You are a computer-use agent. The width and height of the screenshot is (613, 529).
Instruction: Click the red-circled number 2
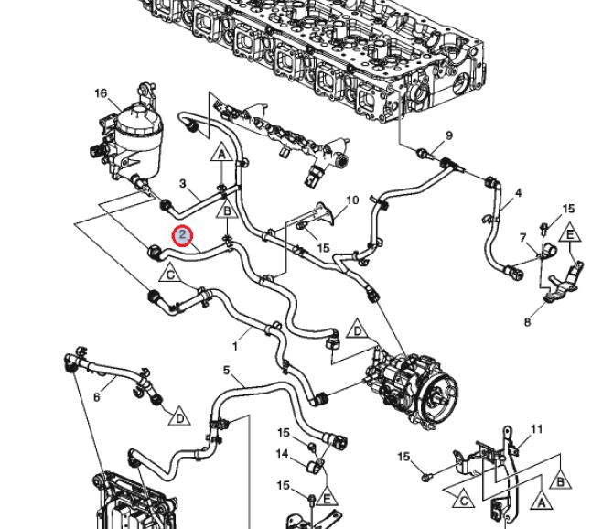click(184, 236)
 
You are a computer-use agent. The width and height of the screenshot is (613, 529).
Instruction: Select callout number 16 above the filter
click(101, 93)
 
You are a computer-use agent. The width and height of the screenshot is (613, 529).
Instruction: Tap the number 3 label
click(183, 184)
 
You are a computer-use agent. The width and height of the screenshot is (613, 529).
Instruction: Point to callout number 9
click(449, 135)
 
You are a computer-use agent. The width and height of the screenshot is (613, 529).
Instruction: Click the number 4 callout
click(518, 193)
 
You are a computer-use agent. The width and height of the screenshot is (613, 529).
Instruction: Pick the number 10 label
click(352, 200)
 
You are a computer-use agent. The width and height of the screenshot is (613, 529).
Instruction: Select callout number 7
click(522, 238)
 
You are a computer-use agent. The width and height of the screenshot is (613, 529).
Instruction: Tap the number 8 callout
click(527, 322)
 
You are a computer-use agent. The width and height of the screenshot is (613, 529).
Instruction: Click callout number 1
click(235, 346)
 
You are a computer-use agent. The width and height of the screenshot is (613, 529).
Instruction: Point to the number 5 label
click(226, 370)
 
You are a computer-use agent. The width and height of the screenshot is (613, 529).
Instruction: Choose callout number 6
click(96, 397)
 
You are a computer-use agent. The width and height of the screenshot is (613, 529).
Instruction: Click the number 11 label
click(536, 428)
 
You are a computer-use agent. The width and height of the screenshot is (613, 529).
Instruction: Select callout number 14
click(284, 454)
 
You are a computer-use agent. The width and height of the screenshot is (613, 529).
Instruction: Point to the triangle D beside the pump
click(358, 331)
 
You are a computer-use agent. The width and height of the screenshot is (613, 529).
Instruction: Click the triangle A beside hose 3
click(222, 153)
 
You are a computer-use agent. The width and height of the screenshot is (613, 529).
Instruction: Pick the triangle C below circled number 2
click(170, 273)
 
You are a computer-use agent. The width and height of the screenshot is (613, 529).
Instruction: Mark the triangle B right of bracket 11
click(560, 478)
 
